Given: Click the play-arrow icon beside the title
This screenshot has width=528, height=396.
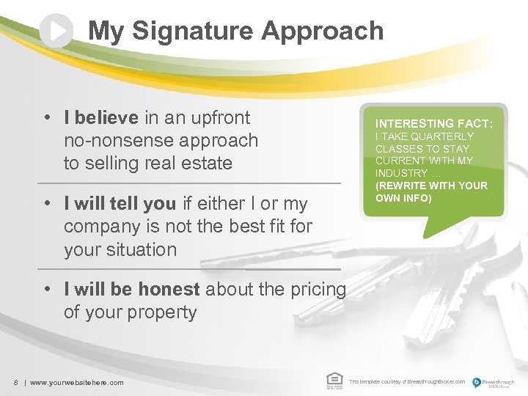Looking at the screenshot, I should [x=56, y=31].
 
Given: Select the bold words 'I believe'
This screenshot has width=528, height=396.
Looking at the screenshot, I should [x=100, y=117].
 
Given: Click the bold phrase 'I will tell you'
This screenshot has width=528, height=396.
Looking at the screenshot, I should [x=120, y=203].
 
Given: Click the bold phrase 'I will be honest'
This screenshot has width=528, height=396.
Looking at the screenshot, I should [x=132, y=289].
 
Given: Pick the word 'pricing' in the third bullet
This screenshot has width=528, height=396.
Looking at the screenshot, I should [x=315, y=289].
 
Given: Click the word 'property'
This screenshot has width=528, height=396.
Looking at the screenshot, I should [x=161, y=312].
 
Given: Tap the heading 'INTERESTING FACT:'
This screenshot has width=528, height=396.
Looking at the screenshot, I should [x=434, y=124].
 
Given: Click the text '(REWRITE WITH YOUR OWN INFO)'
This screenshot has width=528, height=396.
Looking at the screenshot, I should [x=430, y=191].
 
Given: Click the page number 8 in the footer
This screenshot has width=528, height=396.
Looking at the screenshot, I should [x=15, y=382].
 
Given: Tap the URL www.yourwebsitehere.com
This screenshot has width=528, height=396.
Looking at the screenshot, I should [x=76, y=382].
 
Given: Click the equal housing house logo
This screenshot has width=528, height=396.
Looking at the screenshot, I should [x=334, y=379].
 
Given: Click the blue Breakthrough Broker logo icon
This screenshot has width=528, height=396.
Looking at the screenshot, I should [x=477, y=381].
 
